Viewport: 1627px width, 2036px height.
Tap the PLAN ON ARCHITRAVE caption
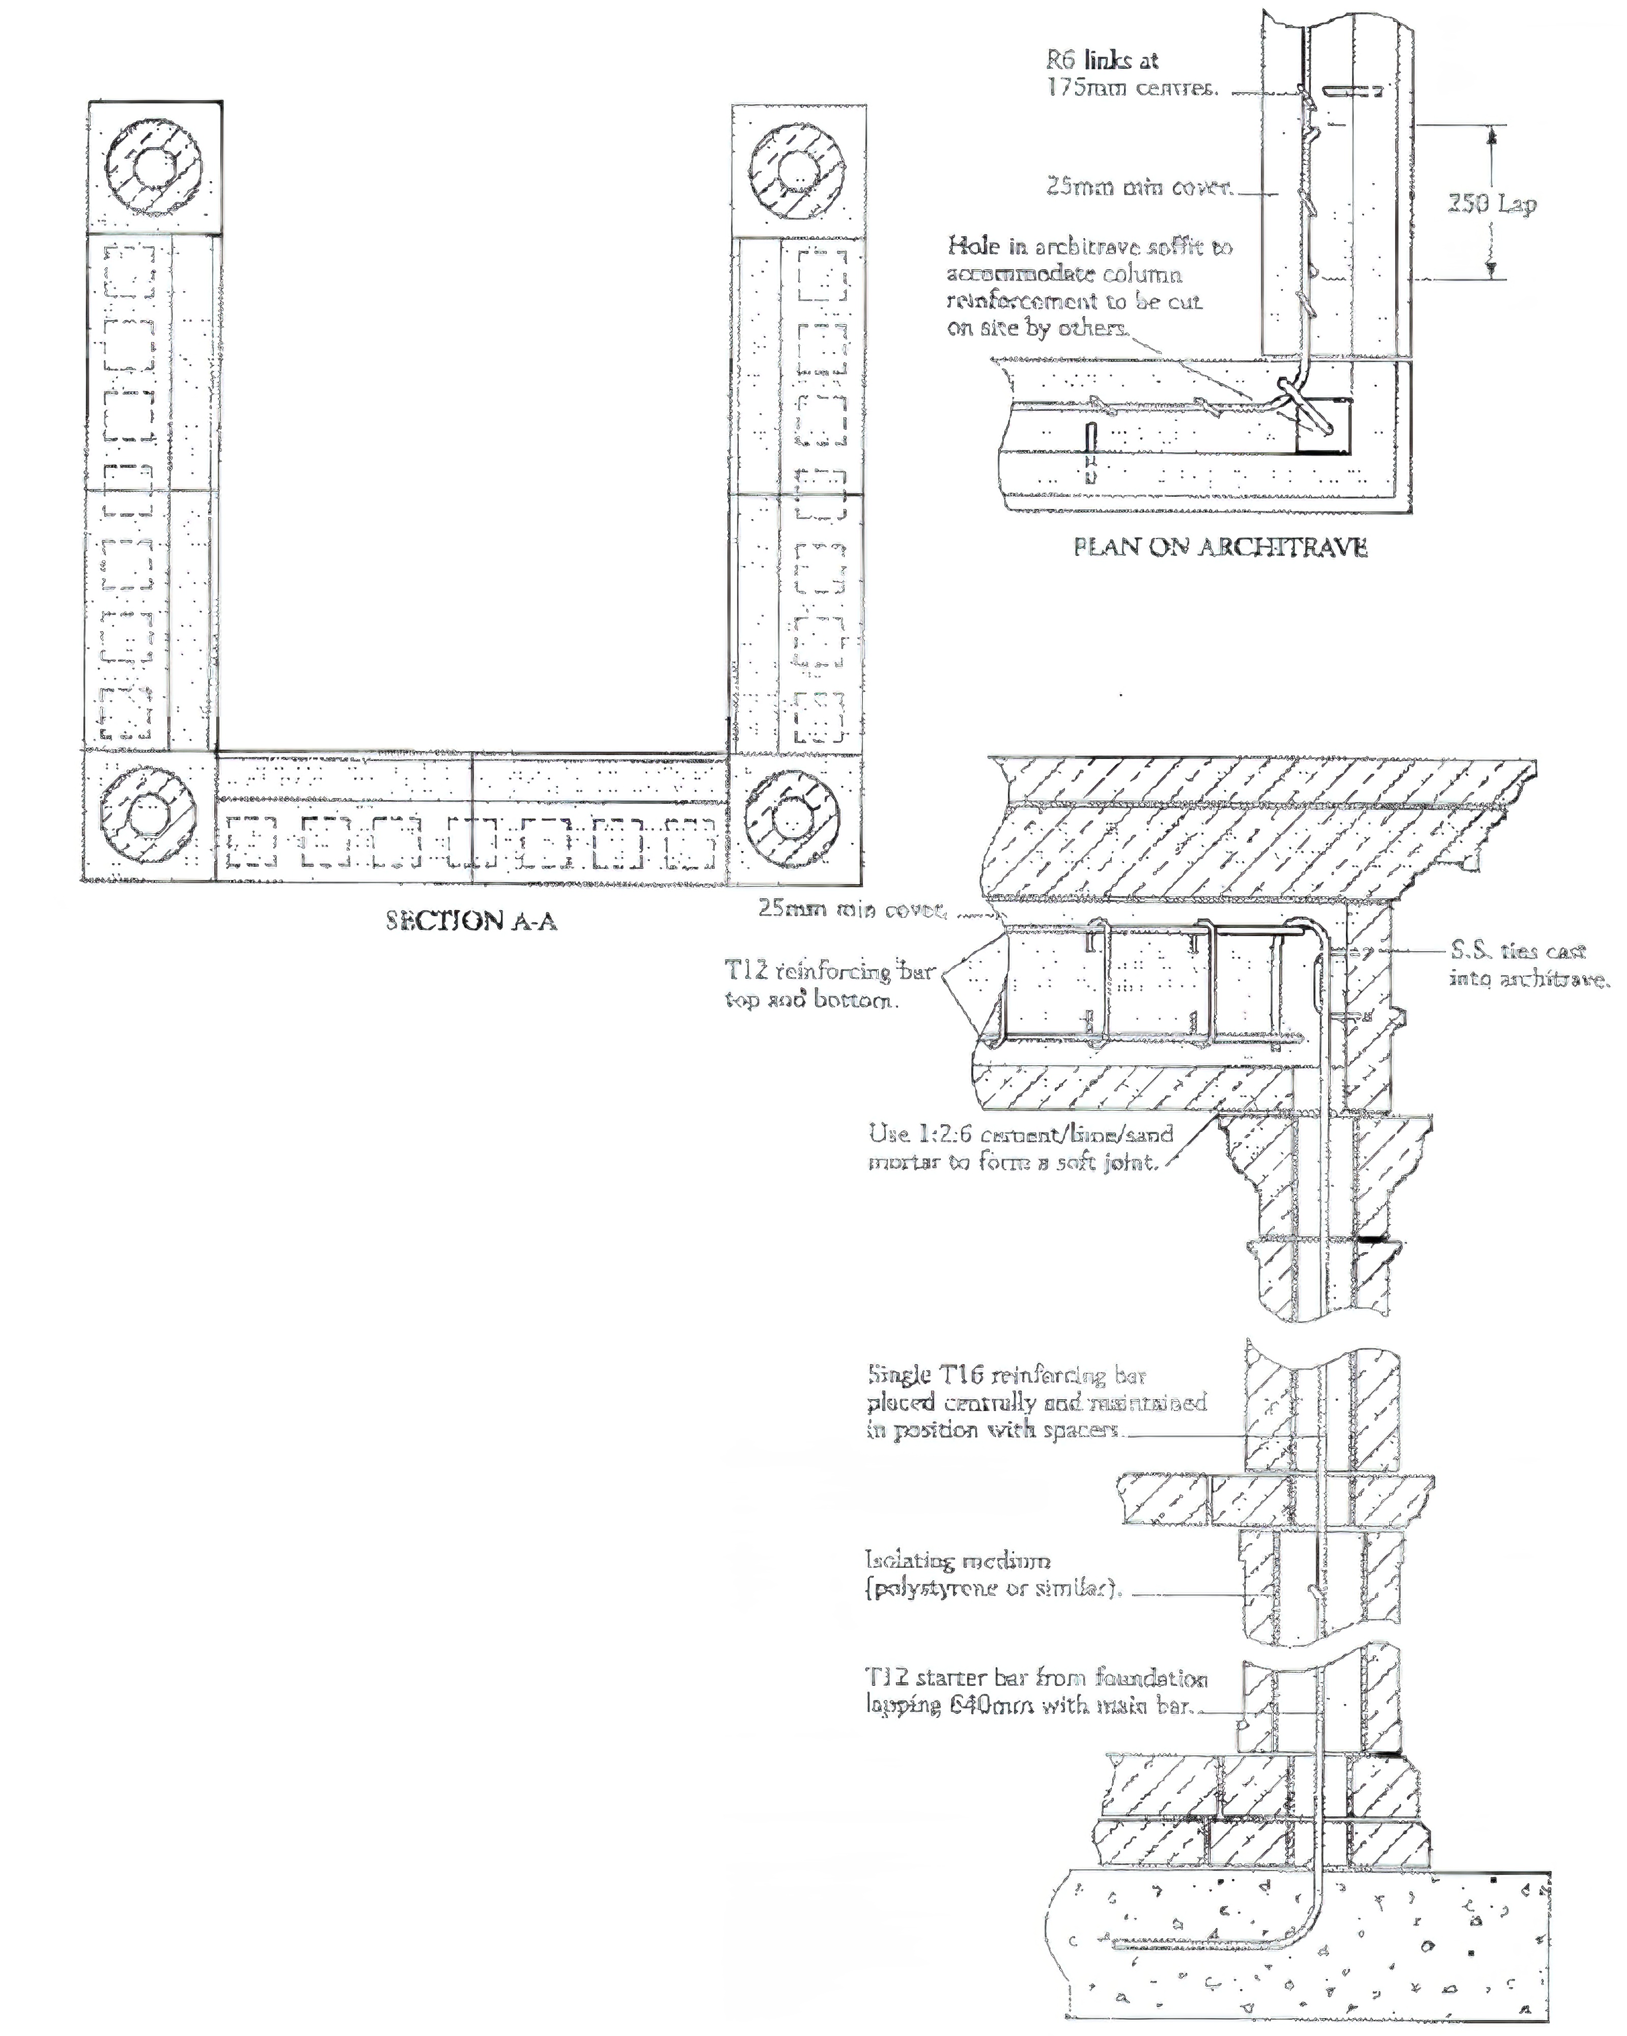[x=1220, y=547]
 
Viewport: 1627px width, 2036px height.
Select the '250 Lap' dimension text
[x=1492, y=203]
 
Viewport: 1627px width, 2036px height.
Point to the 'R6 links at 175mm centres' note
[x=1131, y=74]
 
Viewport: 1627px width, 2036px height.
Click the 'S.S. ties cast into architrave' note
[x=1528, y=964]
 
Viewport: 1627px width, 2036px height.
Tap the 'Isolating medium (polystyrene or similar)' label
[x=993, y=1574]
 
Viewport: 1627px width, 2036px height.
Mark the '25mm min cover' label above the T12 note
[x=852, y=909]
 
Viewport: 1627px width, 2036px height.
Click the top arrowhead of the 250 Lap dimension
[x=1492, y=134]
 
